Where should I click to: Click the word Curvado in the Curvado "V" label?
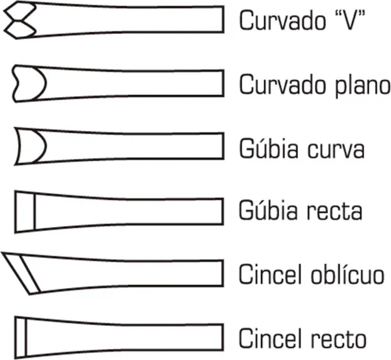tap(283, 21)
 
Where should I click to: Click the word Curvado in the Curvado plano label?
tap(283, 84)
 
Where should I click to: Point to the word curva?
tap(336, 150)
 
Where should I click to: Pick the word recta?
tap(334, 212)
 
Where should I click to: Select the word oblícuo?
tap(347, 273)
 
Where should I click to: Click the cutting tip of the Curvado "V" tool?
tap(20, 20)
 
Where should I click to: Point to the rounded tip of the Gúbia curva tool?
tap(30, 146)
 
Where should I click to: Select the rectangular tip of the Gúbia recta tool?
tap(25, 212)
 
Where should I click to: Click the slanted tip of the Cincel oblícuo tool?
tap(21, 273)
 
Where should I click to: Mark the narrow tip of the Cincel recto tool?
tap(21, 338)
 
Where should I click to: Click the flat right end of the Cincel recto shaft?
tap(222, 337)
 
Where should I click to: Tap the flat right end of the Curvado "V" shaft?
tap(222, 19)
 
